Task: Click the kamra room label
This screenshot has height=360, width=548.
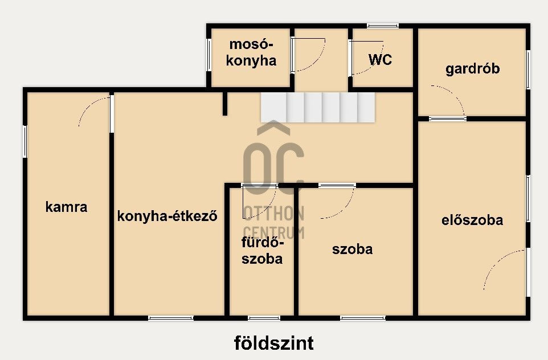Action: (67, 207)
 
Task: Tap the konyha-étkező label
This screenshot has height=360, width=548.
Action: (167, 216)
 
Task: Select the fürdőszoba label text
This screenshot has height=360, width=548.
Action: (262, 251)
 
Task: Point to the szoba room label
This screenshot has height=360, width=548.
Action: (353, 249)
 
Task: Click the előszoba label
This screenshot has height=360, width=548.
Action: (472, 220)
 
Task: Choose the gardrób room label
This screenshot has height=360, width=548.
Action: (473, 69)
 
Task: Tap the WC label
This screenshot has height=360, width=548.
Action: (380, 60)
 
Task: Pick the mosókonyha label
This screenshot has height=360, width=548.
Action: (251, 53)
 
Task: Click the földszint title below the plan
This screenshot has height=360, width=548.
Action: (274, 343)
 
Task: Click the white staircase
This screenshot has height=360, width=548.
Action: (318, 107)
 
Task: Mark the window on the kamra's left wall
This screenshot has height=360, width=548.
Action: (25, 141)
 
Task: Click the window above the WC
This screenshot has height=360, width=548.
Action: (382, 25)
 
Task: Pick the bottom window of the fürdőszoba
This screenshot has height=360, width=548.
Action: (264, 318)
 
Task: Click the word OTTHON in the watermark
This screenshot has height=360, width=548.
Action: (274, 214)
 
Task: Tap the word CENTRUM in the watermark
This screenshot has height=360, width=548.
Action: (274, 232)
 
